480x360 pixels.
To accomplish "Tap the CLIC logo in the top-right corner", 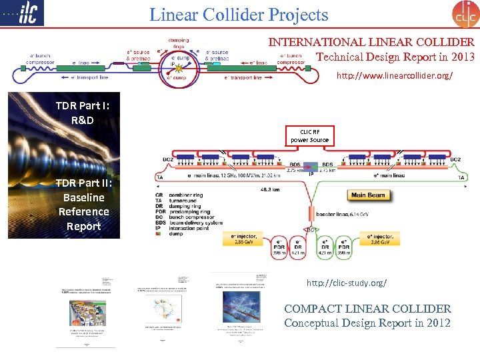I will (465, 14).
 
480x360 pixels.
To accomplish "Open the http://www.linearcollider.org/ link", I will (394, 76).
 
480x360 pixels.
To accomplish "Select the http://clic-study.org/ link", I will (346, 283).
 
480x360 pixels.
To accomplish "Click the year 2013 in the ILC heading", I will (460, 57).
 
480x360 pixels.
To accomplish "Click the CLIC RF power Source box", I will (309, 136).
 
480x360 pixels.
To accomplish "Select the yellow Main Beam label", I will (367, 195).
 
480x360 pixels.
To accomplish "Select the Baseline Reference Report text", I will (83, 211).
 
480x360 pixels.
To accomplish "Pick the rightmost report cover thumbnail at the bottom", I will (241, 309).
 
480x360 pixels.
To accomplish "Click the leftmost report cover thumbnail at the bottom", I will (86, 311).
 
